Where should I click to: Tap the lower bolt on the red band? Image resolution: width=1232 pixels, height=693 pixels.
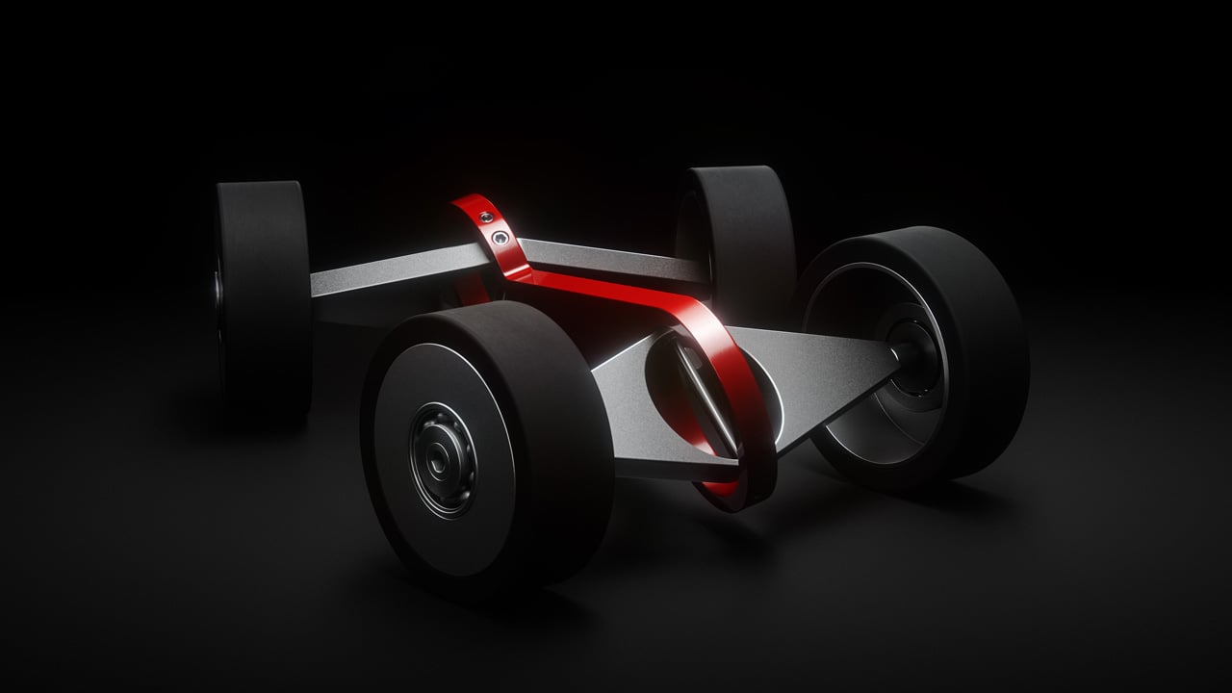[499, 237]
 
